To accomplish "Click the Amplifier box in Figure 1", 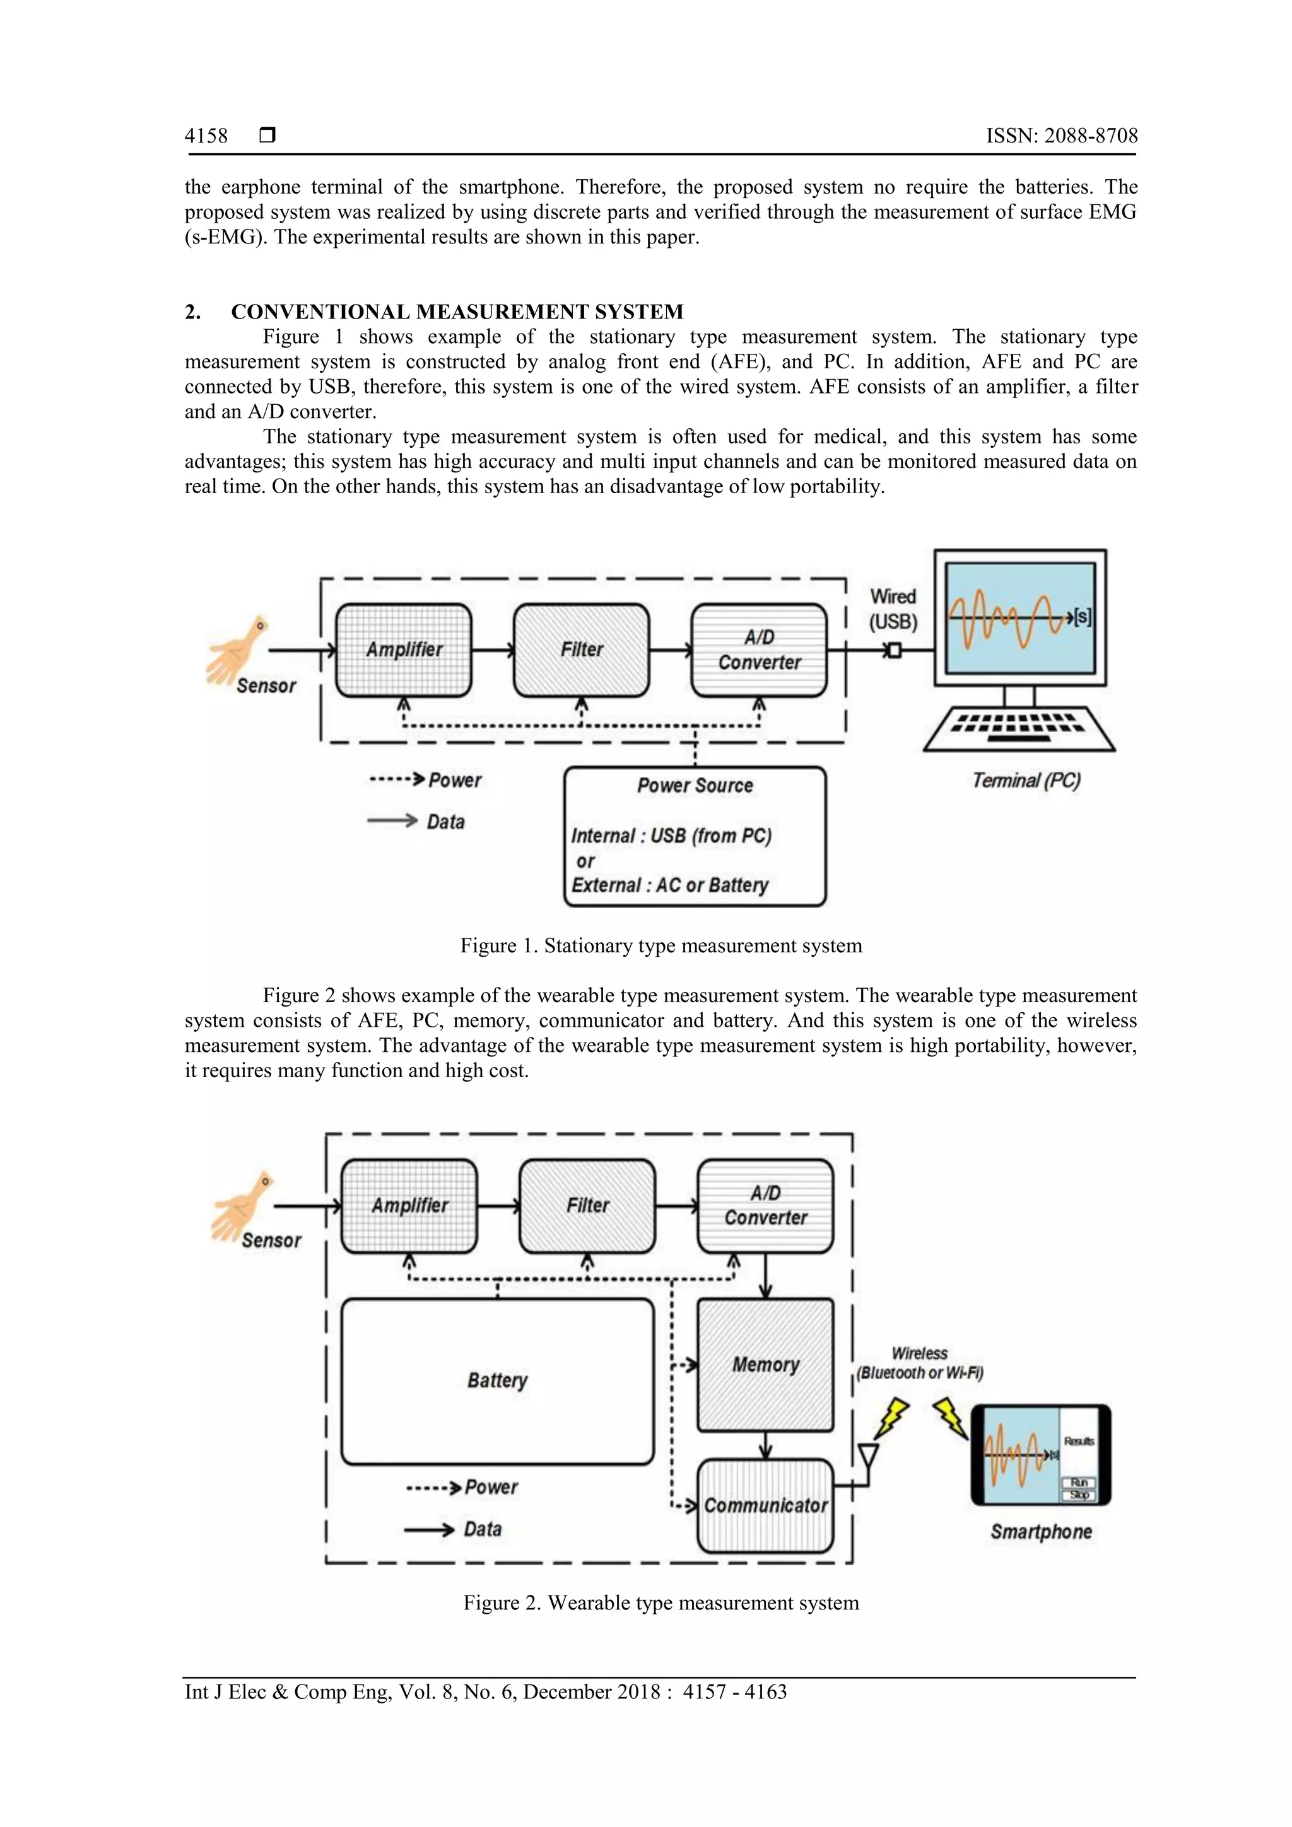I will click(x=404, y=650).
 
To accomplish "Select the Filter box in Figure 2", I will click(x=587, y=1206).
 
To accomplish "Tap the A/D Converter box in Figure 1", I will click(x=760, y=650).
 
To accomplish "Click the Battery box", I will click(x=498, y=1380).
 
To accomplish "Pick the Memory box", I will click(x=765, y=1365).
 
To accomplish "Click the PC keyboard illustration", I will click(x=1019, y=728).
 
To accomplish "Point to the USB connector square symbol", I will click(x=895, y=651).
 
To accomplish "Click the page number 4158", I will click(x=206, y=136).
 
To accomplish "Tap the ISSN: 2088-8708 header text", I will click(x=1061, y=136).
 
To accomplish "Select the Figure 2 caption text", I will click(x=661, y=1602).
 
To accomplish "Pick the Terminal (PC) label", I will click(x=1025, y=781).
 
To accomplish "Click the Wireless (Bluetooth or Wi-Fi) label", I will click(x=920, y=1363).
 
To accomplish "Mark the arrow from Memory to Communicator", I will click(x=765, y=1445).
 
